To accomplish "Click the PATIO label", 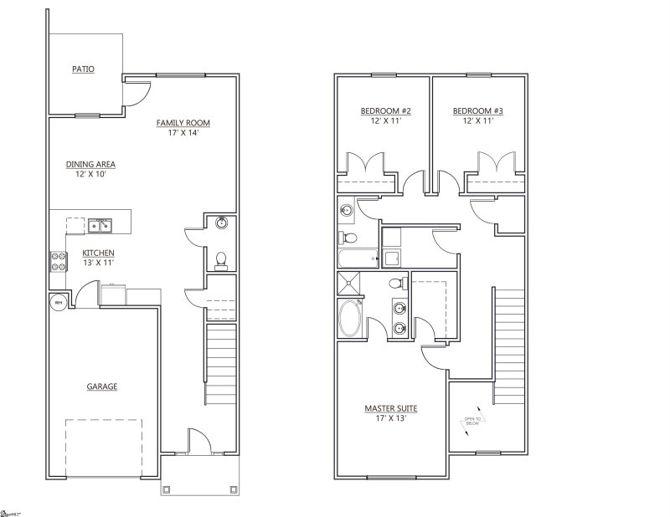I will tap(81, 69).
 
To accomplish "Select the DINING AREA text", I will tap(90, 164).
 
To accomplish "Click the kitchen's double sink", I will tap(100, 224).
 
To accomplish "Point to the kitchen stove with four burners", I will tap(58, 260).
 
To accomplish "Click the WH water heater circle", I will tap(58, 302).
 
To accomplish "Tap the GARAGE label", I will tap(101, 386).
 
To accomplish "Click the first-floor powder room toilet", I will tap(221, 260).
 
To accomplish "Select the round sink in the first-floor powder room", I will tap(220, 223).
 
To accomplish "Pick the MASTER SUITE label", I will tap(390, 408).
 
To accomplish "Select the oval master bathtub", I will tap(350, 318).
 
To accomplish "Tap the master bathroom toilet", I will tap(398, 282).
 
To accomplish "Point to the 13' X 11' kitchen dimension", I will tap(98, 263).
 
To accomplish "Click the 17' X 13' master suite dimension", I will tap(390, 418).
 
